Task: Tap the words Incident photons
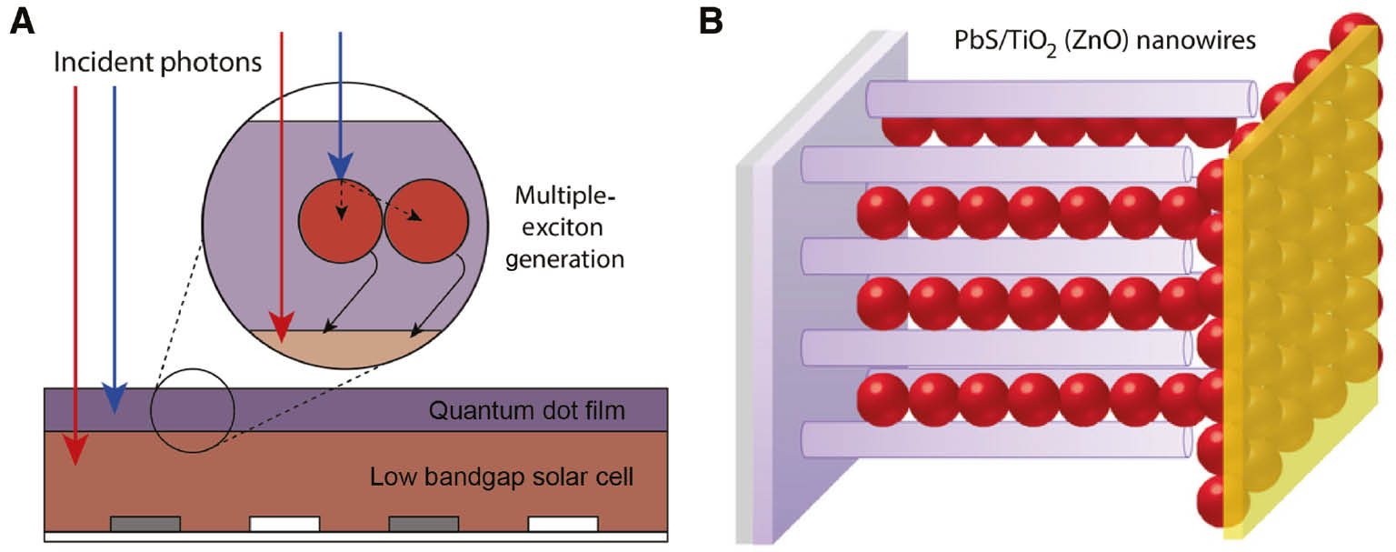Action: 158,63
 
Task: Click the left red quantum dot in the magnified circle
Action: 340,219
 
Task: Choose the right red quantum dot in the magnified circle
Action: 426,219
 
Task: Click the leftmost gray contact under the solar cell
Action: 145,523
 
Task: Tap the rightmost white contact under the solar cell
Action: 563,523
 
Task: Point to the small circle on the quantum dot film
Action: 193,409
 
